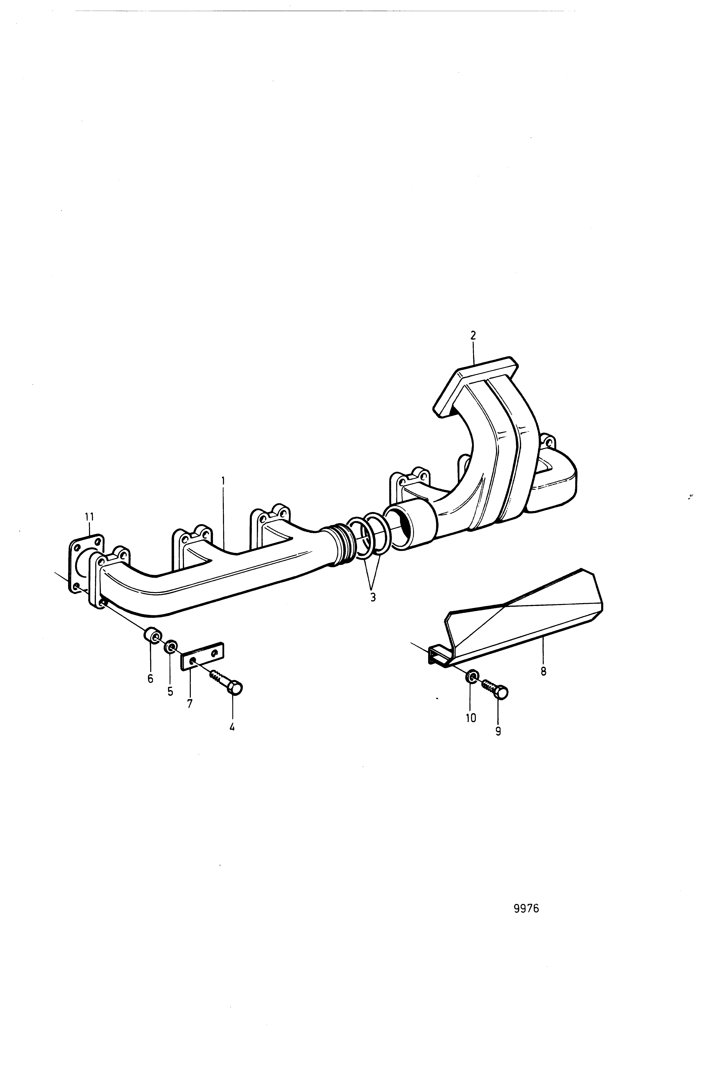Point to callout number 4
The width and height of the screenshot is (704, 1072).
click(x=232, y=726)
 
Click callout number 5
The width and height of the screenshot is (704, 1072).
click(x=170, y=691)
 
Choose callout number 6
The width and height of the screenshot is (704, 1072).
click(x=150, y=678)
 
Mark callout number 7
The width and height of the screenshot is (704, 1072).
click(x=190, y=703)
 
